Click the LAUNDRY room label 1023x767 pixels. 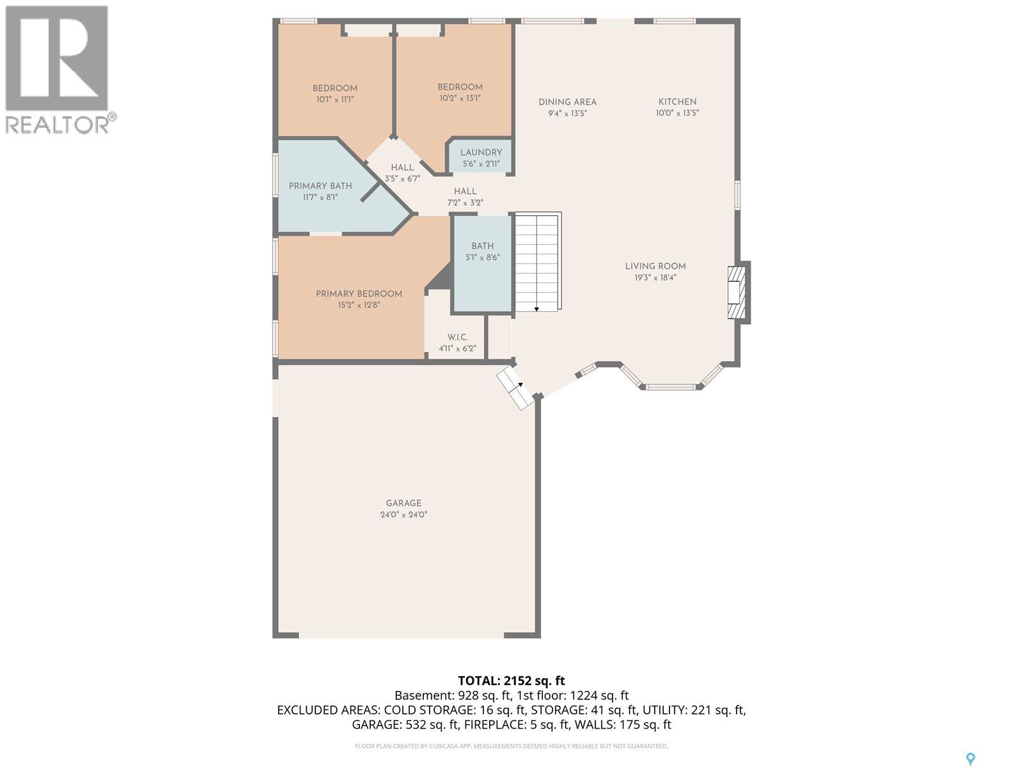pyautogui.click(x=481, y=152)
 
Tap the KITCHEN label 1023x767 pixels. pyautogui.click(x=677, y=102)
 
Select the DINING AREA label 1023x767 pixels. pyautogui.click(x=567, y=102)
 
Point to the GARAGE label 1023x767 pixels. pyautogui.click(x=403, y=503)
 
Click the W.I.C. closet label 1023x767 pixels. pyautogui.click(x=457, y=337)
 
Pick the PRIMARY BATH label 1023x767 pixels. pyautogui.click(x=320, y=186)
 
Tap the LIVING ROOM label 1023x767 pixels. pyautogui.click(x=655, y=267)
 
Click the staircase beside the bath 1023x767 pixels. pyautogui.click(x=537, y=261)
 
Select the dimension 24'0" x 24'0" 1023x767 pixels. pyautogui.click(x=403, y=515)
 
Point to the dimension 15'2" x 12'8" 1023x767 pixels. pyautogui.click(x=359, y=305)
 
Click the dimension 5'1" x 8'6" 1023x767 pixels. pyautogui.click(x=482, y=257)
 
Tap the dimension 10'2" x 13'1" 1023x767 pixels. pyautogui.click(x=460, y=98)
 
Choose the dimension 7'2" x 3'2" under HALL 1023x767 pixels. pyautogui.click(x=465, y=203)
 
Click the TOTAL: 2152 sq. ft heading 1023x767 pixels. pyautogui.click(x=511, y=680)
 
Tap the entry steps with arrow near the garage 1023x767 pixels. pyautogui.click(x=515, y=387)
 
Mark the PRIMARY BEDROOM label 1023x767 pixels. pyautogui.click(x=359, y=294)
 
